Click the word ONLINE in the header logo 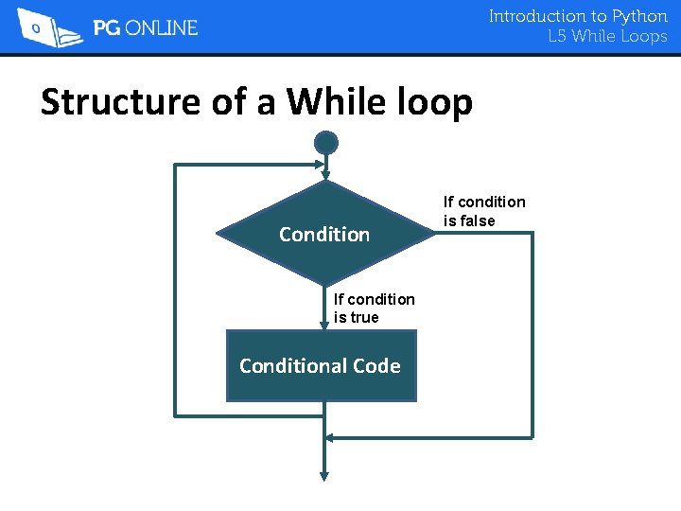click(162, 28)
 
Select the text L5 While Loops click(607, 37)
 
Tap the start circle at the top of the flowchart click(325, 143)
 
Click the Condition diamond click(324, 234)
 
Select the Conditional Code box click(321, 366)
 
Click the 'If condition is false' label click(484, 211)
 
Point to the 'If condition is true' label click(374, 308)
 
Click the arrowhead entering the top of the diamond click(325, 175)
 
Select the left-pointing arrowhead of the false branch click(330, 438)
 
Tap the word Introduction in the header click(536, 16)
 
